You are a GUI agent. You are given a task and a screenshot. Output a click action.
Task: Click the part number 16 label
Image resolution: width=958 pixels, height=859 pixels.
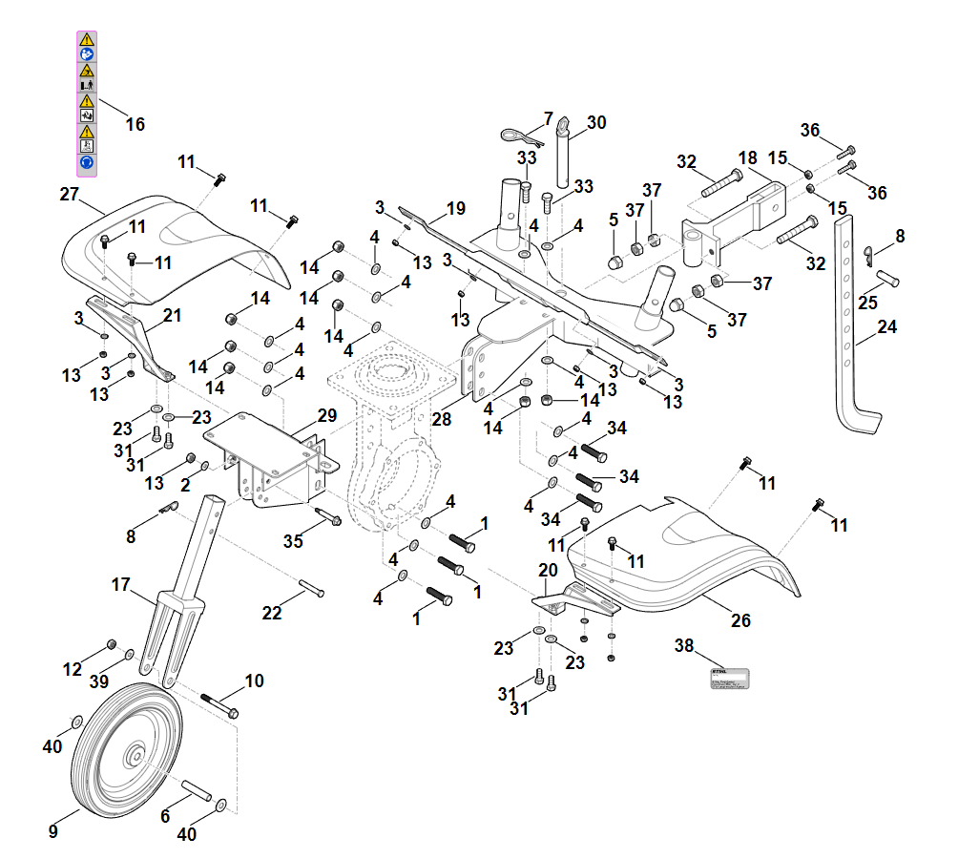pos(135,124)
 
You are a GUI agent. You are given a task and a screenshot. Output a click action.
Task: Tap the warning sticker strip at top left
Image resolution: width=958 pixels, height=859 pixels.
pos(87,102)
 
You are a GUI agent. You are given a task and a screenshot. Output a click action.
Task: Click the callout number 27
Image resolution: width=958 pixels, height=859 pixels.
pos(69,194)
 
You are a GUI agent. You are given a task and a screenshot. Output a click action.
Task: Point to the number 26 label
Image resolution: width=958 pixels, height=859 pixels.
pos(741,620)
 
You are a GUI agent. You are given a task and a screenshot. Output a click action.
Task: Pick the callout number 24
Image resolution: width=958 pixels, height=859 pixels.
pos(887,327)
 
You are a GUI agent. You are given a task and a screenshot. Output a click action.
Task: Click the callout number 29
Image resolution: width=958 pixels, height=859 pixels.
pos(327,415)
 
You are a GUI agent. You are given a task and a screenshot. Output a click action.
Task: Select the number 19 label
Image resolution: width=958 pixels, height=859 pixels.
pos(455,208)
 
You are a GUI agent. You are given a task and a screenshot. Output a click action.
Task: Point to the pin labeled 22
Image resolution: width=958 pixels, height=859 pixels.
pos(311,587)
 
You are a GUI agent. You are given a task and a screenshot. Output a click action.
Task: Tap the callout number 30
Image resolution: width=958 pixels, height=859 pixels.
pos(596,122)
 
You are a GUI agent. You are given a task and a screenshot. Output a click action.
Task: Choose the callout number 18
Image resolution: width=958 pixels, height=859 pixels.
pos(747,157)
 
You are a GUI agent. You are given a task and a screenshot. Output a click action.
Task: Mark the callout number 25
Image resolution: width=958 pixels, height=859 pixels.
pos(867,303)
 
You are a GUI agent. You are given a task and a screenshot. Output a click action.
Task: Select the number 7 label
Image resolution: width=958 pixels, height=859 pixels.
pos(549,118)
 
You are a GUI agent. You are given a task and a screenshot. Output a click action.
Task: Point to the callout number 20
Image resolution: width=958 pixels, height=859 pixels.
pos(548,570)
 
